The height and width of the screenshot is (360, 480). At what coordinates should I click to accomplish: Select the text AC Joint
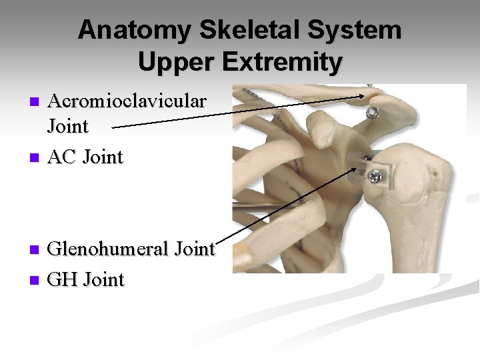[x=86, y=157]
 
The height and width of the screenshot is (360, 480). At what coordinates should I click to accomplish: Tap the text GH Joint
[x=86, y=279]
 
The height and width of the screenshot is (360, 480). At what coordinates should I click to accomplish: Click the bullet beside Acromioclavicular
[x=36, y=102]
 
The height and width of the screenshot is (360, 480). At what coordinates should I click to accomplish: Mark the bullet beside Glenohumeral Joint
[x=36, y=251]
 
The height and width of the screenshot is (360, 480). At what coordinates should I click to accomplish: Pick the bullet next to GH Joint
[x=36, y=281]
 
